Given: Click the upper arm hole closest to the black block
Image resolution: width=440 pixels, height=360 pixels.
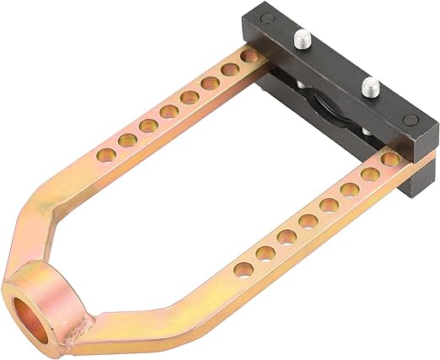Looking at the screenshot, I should pos(249,56).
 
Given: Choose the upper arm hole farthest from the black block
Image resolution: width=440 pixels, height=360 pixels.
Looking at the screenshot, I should pos(106,154).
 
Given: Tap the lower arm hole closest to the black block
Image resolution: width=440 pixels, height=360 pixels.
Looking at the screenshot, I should pos(389,159).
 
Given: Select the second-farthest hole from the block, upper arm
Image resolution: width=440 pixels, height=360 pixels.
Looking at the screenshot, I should pos(128,139).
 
